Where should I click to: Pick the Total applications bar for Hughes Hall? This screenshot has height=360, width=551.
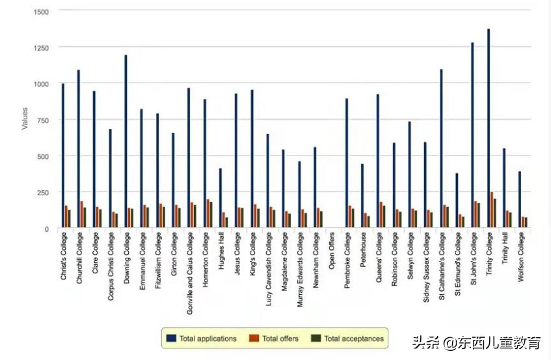pyautogui.click(x=221, y=198)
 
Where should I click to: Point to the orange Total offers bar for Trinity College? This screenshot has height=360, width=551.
pyautogui.click(x=492, y=210)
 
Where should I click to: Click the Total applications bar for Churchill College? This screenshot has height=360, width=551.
pyautogui.click(x=79, y=149)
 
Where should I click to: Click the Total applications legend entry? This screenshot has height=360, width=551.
pyautogui.click(x=202, y=339)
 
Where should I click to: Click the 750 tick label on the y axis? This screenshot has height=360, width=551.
pyautogui.click(x=42, y=120)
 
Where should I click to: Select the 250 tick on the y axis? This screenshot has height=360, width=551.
pyautogui.click(x=42, y=193)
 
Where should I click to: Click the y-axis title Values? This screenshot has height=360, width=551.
pyautogui.click(x=25, y=118)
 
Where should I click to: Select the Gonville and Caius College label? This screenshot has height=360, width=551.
pyautogui.click(x=189, y=273)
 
